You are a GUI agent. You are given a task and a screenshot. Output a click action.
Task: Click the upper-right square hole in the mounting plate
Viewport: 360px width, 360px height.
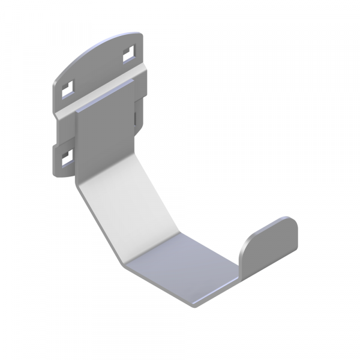point(128,55)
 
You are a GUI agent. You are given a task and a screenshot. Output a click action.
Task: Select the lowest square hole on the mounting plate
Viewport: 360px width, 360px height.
point(65,158)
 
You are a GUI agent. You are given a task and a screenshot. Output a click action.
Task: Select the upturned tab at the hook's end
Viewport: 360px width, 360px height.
point(270,246)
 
